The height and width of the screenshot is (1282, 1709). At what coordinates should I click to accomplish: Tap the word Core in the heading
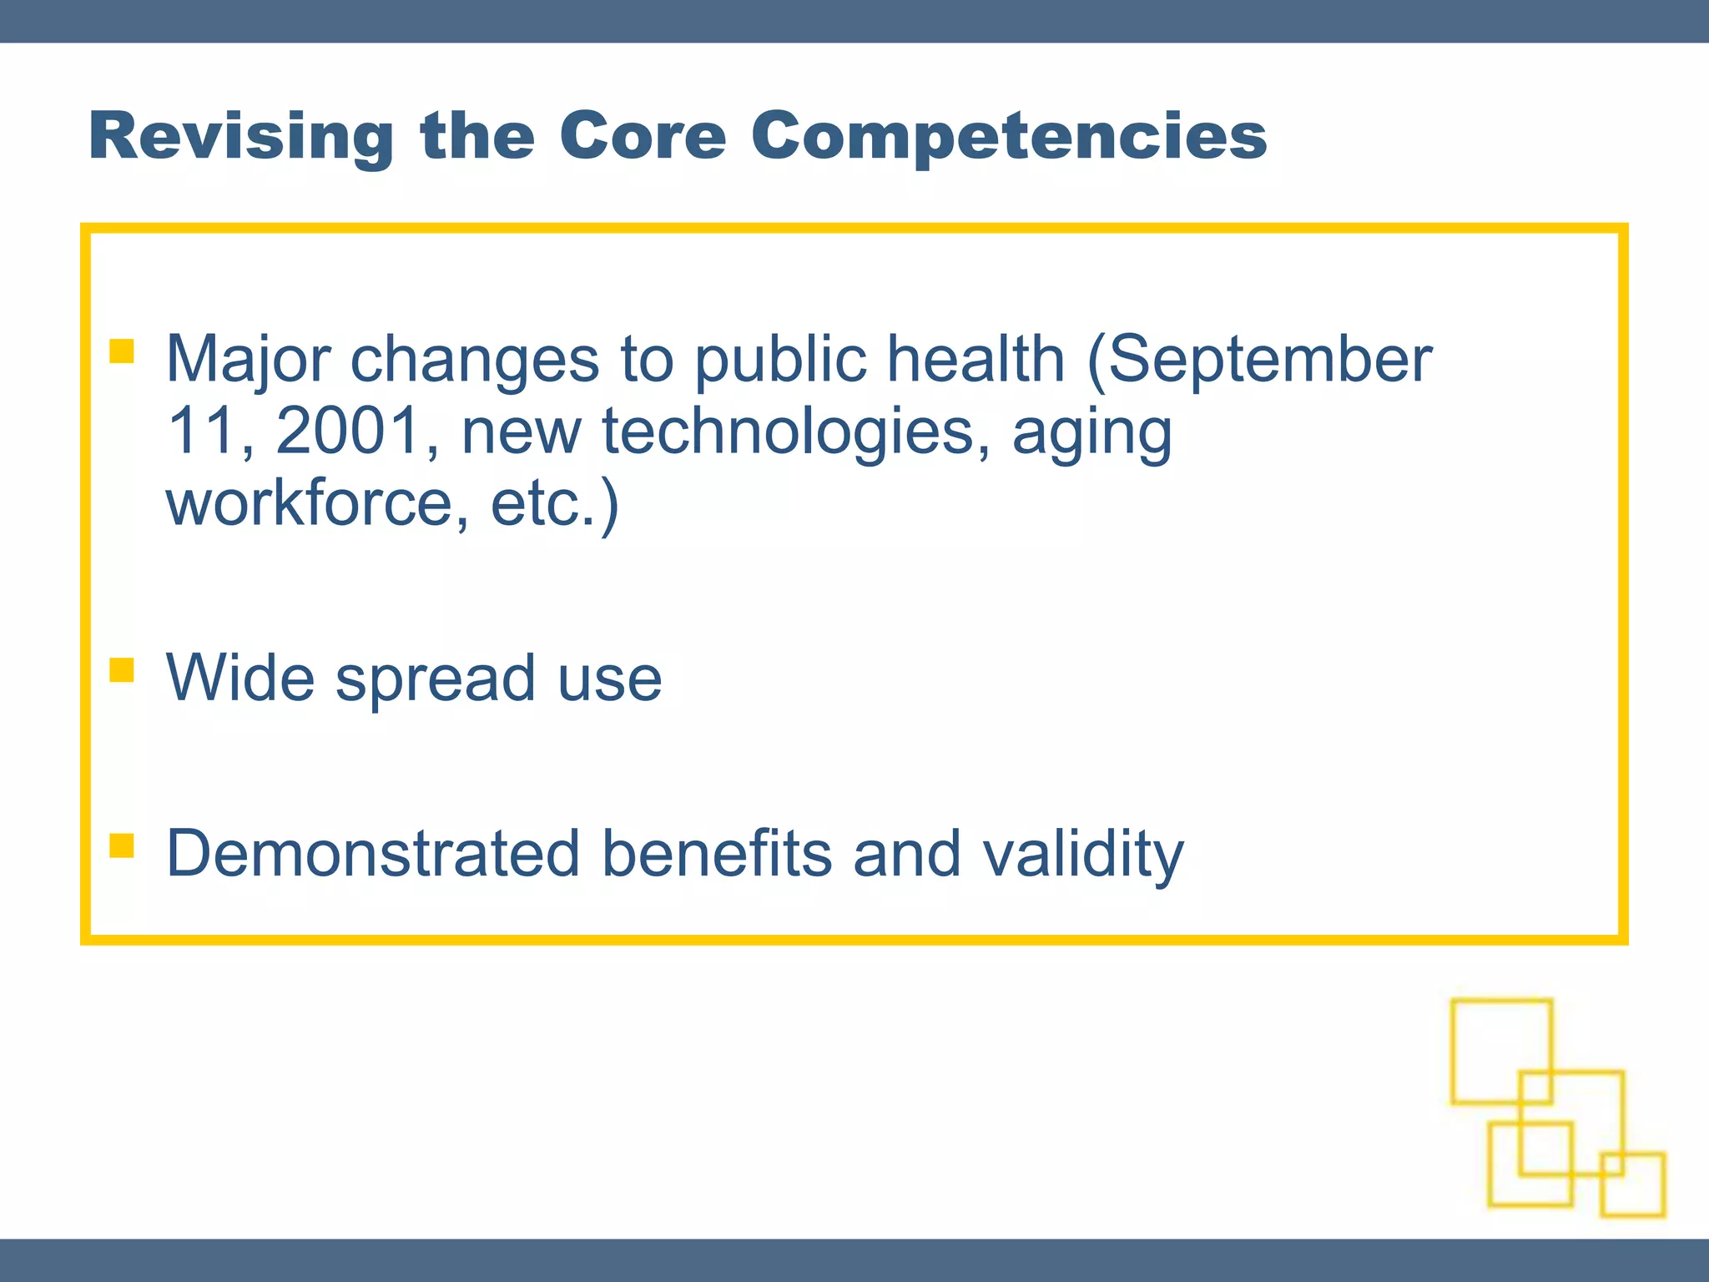click(x=643, y=136)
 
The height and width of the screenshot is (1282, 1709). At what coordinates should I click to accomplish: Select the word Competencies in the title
click(x=1009, y=136)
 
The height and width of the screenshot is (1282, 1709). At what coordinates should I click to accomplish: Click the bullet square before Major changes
click(x=122, y=351)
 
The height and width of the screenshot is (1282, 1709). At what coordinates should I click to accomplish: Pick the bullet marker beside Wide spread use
click(x=122, y=670)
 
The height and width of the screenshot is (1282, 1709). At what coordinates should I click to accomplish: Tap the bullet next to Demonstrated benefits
click(x=122, y=845)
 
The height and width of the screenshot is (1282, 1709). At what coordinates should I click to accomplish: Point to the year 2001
click(x=347, y=432)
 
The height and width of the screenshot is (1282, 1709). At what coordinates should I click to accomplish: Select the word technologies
click(x=788, y=432)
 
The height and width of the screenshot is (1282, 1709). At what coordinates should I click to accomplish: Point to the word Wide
click(x=240, y=678)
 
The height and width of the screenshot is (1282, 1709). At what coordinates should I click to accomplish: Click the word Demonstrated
click(x=373, y=854)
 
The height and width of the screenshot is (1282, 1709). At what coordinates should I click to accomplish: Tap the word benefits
click(x=717, y=854)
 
